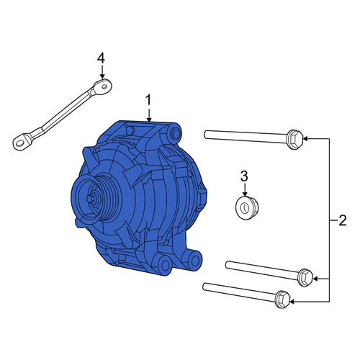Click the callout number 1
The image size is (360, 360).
pos(149,100)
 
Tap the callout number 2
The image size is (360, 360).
pos(343,220)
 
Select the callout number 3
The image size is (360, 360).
pos(244,176)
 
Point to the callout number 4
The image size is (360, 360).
pos(101,58)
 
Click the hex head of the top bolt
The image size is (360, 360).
pos(294,140)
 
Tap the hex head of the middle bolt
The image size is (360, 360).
pos(305,278)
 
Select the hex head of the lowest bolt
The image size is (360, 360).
pos(283,300)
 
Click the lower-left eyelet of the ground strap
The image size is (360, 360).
pos(20,143)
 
